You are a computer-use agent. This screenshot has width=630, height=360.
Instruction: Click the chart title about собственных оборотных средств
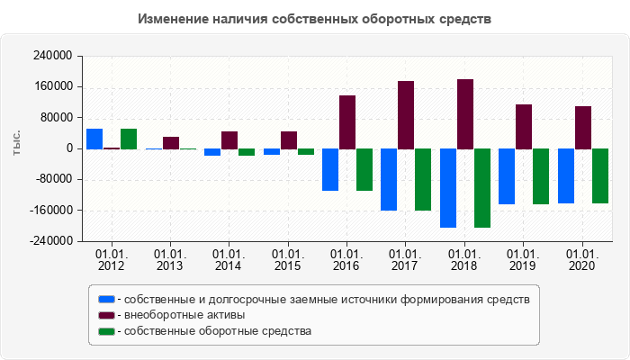pyautogui.click(x=315, y=19)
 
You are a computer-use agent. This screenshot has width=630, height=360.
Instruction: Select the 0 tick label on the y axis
pyautogui.click(x=69, y=148)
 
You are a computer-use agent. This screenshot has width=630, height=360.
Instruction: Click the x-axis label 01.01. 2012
pyautogui.click(x=112, y=260)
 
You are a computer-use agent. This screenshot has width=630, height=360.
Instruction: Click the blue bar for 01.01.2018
pyautogui.click(x=448, y=188)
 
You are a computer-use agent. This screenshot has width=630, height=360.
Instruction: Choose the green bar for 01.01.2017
pyautogui.click(x=423, y=179)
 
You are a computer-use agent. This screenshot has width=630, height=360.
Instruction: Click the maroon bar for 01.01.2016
pyautogui.click(x=347, y=122)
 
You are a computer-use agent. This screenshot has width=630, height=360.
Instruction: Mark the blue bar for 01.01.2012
pyautogui.click(x=94, y=139)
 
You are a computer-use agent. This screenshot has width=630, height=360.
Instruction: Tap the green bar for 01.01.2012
pyautogui.click(x=129, y=139)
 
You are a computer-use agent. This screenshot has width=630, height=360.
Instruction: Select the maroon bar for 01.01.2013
pyautogui.click(x=171, y=143)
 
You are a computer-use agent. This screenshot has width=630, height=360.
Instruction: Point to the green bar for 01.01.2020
pyautogui.click(x=600, y=175)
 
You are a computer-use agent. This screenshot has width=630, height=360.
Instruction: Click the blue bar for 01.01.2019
pyautogui.click(x=507, y=176)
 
